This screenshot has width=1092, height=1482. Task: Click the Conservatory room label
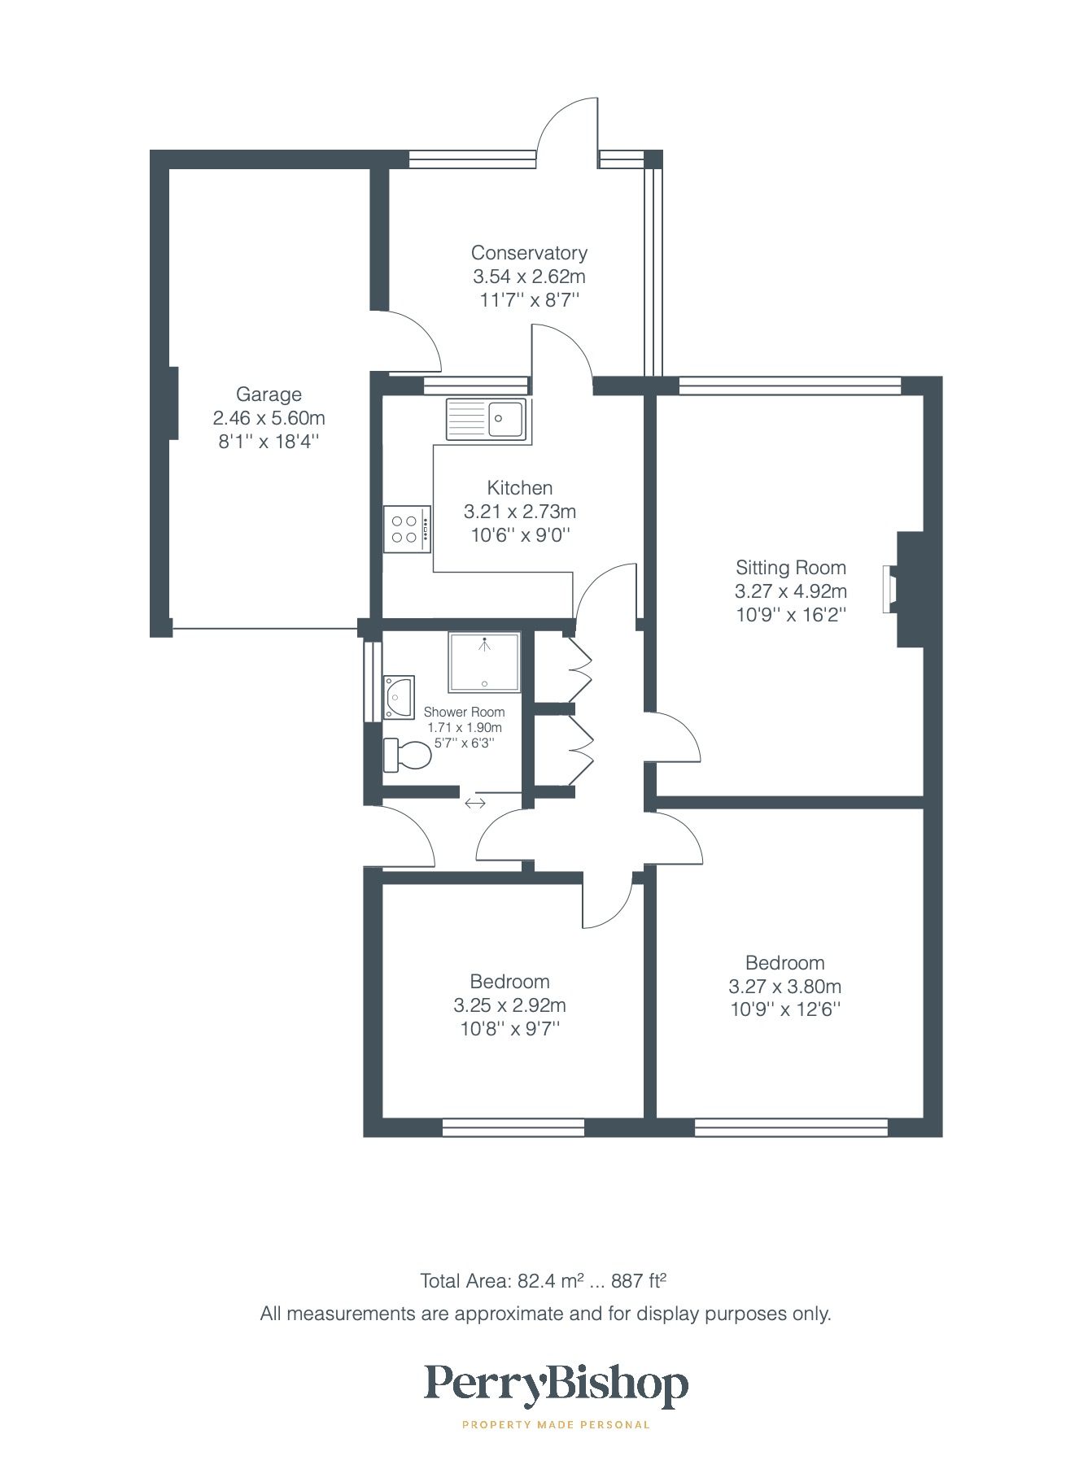tap(529, 253)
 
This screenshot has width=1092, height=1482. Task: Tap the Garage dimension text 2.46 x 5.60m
tap(269, 418)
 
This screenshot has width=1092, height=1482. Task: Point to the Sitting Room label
tap(790, 568)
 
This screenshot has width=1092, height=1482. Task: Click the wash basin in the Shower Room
tap(399, 697)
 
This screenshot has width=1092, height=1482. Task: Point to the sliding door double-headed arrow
tap(475, 804)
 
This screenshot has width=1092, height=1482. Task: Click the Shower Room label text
tap(464, 712)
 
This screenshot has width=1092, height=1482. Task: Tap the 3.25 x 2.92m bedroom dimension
tap(509, 1005)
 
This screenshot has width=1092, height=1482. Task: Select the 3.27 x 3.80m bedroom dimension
tap(784, 987)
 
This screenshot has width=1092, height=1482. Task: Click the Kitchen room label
tap(519, 488)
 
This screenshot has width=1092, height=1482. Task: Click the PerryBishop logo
tap(556, 1386)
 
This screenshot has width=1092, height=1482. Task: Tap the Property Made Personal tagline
tap(556, 1424)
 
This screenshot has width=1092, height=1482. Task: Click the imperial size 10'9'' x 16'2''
tap(790, 615)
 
